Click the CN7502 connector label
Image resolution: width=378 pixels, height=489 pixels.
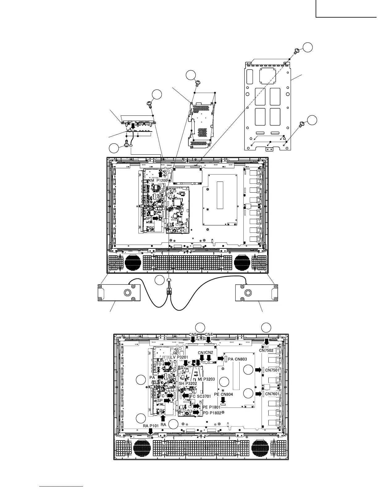tap(266, 350)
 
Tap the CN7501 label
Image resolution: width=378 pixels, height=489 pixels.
tap(272, 370)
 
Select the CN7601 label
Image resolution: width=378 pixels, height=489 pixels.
tap(272, 394)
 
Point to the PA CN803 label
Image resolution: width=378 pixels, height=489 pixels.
tap(237, 359)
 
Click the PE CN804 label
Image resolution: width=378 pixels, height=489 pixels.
tap(223, 394)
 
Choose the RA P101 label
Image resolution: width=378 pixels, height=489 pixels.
tap(151, 426)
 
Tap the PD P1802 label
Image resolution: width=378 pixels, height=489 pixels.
tap(212, 413)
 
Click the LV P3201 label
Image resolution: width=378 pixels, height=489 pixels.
tap(179, 357)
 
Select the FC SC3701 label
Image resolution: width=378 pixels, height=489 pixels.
tap(200, 396)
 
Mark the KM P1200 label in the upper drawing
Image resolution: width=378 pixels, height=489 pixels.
tap(158, 180)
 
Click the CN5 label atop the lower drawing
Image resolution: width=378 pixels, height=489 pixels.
tap(193, 335)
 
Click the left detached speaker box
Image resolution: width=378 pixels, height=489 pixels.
tap(119, 292)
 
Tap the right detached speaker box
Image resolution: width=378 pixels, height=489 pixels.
tap(256, 292)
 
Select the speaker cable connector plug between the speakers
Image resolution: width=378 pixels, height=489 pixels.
tap(169, 290)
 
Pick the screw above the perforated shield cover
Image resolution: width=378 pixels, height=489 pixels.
tap(198, 83)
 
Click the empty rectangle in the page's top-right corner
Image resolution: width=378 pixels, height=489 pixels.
tap(346, 8)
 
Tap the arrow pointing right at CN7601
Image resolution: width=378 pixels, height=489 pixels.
tap(258, 394)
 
